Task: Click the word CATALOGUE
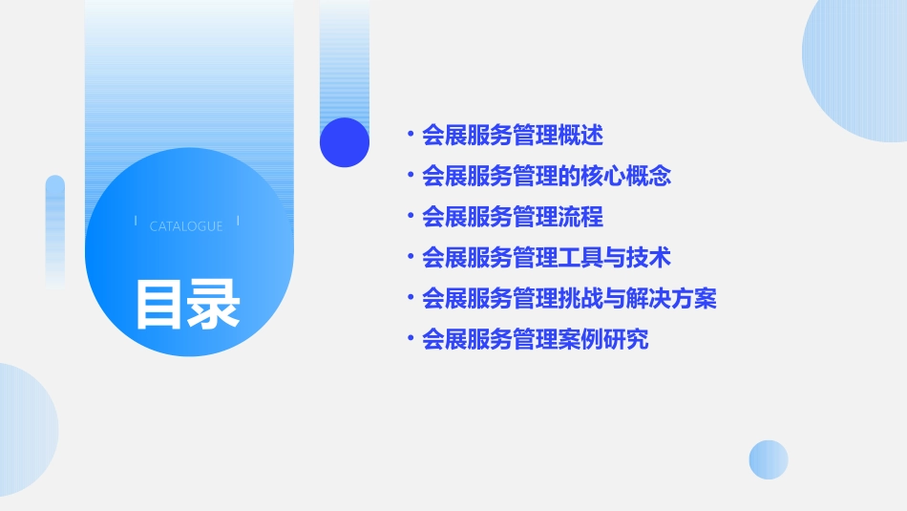pyautogui.click(x=186, y=226)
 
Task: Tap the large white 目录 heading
pyautogui.click(x=187, y=304)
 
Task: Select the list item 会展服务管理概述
pyautogui.click(x=513, y=135)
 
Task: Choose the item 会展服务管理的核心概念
pyautogui.click(x=546, y=176)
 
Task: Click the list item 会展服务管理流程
pyautogui.click(x=513, y=217)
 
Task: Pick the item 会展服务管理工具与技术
pyautogui.click(x=546, y=257)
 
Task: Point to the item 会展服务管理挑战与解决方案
pyautogui.click(x=569, y=298)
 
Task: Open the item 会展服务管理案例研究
pyautogui.click(x=535, y=339)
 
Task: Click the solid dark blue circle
pyautogui.click(x=345, y=142)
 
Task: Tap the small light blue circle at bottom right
pyautogui.click(x=769, y=459)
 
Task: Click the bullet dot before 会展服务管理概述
pyautogui.click(x=411, y=135)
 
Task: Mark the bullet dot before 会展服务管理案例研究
pyautogui.click(x=411, y=339)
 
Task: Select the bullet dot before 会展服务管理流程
pyautogui.click(x=411, y=217)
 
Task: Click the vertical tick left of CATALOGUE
pyautogui.click(x=136, y=222)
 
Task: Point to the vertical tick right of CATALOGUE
pyautogui.click(x=238, y=222)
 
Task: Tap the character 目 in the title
pyautogui.click(x=159, y=304)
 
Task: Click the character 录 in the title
pyautogui.click(x=214, y=304)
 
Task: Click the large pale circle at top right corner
pyautogui.click(x=859, y=62)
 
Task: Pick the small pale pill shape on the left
pyautogui.click(x=55, y=230)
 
